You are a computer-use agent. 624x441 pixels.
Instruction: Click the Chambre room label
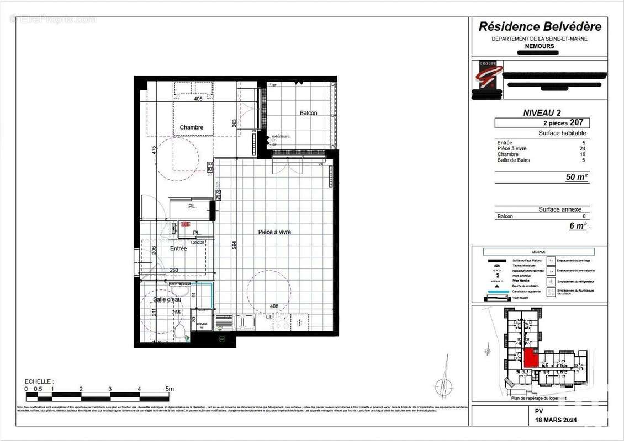[191, 127]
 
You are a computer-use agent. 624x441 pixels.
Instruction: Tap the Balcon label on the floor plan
[308, 113]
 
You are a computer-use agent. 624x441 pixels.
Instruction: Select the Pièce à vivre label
[274, 232]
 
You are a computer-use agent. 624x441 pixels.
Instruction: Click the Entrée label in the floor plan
[178, 249]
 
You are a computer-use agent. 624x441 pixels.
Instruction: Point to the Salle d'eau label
[167, 299]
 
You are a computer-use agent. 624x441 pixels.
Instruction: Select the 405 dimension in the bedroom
[198, 99]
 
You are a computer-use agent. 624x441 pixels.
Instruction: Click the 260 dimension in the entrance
[173, 270]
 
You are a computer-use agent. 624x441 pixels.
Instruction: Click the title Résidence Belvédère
[540, 26]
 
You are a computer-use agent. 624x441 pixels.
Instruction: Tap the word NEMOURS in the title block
[540, 46]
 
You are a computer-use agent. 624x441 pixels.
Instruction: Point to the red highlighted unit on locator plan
[531, 358]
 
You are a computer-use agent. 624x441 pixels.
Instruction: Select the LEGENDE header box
[539, 251]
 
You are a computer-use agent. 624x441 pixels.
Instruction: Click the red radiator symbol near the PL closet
[184, 224]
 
